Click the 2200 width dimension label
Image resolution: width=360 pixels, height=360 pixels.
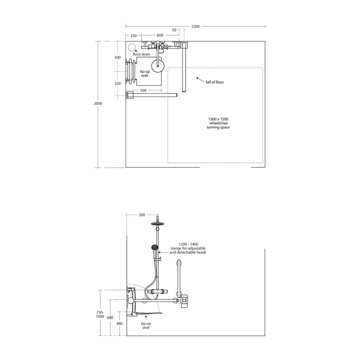[195, 26]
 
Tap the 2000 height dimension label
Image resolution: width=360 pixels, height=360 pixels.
[98, 103]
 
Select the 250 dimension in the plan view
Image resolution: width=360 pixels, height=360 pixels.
[133, 36]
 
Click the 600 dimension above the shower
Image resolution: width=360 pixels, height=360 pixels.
[159, 36]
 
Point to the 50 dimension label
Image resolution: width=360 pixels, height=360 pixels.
[174, 30]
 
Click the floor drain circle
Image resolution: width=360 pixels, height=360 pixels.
[132, 48]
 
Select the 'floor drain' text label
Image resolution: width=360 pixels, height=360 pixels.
[141, 54]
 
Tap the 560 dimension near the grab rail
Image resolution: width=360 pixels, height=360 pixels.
[143, 90]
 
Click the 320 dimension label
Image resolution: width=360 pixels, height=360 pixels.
[118, 83]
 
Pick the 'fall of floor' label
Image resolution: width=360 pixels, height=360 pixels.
[214, 82]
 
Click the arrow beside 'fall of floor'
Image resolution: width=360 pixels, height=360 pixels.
[199, 79]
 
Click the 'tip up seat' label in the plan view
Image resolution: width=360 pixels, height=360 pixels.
[144, 74]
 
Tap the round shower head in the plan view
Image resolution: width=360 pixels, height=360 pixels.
[157, 65]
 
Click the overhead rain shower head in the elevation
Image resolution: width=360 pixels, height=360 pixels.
[157, 224]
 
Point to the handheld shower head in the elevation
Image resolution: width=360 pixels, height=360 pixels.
[154, 247]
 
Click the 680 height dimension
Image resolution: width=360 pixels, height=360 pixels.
[110, 317]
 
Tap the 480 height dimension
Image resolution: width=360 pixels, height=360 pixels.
[119, 324]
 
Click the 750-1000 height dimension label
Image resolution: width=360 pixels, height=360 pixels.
[100, 314]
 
